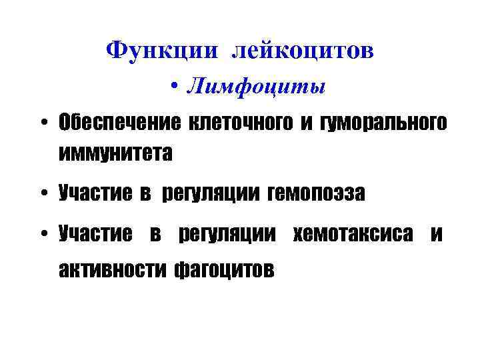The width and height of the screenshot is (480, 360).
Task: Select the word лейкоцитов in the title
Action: (303, 51)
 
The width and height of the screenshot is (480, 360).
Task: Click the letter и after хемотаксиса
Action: (436, 234)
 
